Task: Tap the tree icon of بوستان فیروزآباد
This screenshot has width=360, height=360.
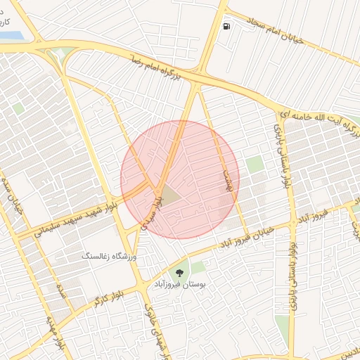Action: pyautogui.click(x=178, y=270)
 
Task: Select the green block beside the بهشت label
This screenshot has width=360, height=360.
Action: pyautogui.click(x=255, y=165)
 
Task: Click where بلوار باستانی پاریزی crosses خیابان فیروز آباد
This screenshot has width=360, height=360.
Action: pyautogui.click(x=291, y=224)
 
